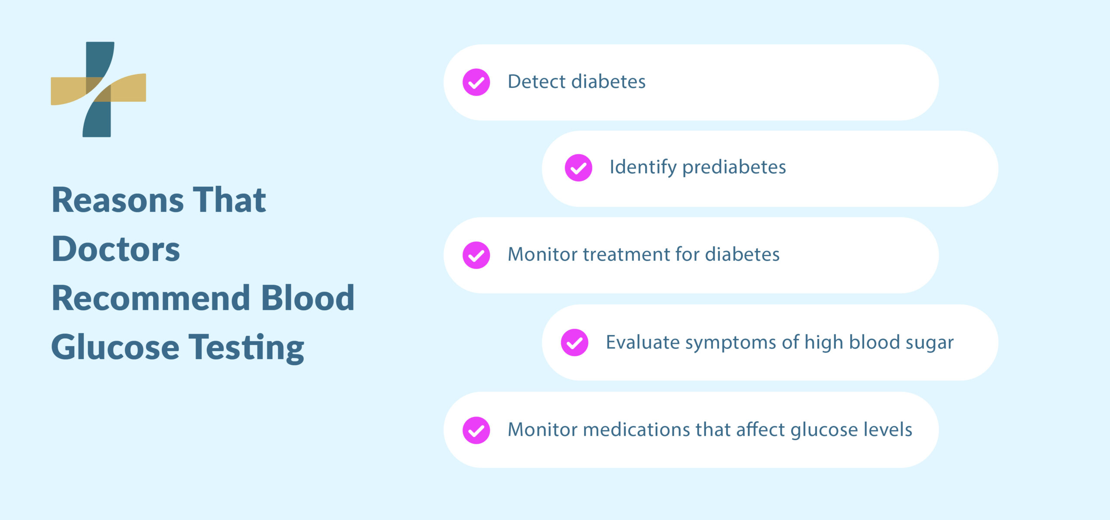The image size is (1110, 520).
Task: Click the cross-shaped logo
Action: point(98,89)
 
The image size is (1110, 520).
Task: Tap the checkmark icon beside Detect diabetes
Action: point(476,82)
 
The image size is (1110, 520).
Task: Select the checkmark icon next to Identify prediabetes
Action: point(578,168)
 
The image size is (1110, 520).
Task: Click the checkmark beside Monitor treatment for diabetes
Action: point(476,255)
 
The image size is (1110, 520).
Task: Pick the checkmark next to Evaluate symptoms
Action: point(575,342)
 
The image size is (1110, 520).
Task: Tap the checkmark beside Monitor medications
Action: point(476,430)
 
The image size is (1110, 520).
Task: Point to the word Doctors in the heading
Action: point(116,250)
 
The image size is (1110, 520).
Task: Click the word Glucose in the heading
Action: point(115,348)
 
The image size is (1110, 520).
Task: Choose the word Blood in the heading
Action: point(308,298)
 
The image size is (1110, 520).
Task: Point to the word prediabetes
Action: point(734,167)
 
